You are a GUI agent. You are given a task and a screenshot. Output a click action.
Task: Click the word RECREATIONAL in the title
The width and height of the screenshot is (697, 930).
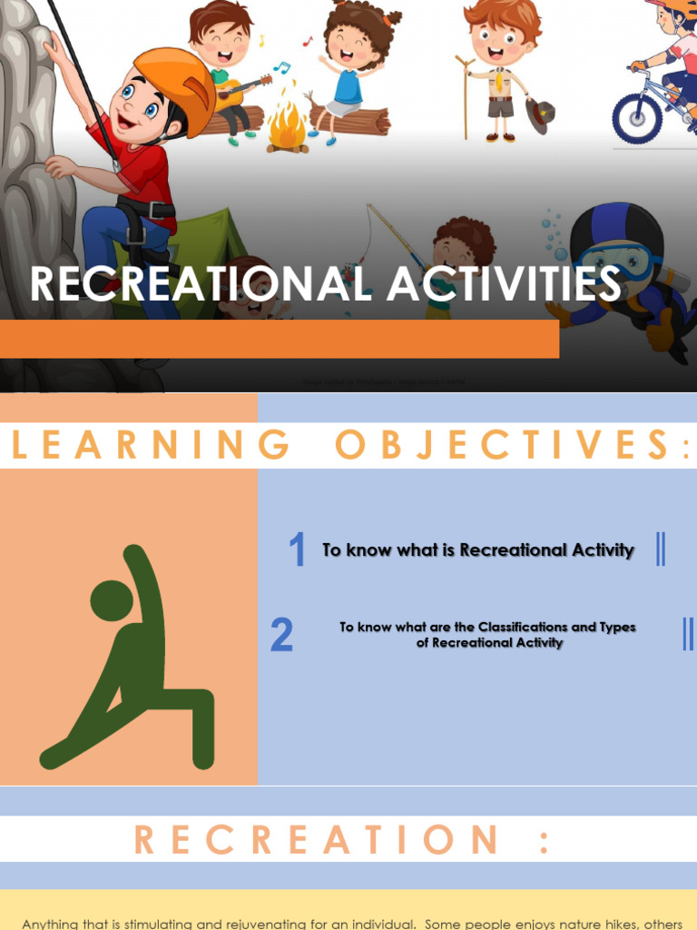[201, 283]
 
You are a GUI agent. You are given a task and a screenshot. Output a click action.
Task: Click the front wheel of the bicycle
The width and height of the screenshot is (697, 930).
[636, 118]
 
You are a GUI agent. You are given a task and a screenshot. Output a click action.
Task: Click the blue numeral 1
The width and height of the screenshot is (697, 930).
[297, 551]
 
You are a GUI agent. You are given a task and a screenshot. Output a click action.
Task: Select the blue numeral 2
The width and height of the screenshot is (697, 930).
[281, 636]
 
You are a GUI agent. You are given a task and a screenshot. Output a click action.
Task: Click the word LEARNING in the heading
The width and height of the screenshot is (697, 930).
[151, 445]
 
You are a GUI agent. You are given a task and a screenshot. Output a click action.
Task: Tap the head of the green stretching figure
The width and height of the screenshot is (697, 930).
[111, 600]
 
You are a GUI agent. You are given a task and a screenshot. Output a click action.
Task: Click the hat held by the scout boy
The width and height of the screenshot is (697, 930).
[541, 116]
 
